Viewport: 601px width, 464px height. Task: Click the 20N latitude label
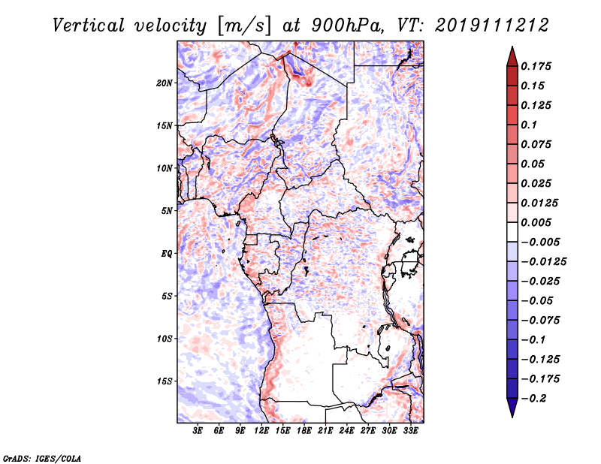165,83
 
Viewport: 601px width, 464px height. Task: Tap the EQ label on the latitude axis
166,254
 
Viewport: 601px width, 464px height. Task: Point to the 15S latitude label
165,381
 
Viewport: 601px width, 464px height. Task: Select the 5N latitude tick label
167,211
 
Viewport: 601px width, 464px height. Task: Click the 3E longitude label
198,431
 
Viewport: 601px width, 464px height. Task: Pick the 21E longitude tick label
325,431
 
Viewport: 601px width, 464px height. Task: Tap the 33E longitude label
410,431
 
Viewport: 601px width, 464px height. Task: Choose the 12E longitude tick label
261,431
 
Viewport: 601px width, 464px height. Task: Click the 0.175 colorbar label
536,66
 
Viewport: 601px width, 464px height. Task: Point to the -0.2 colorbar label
533,399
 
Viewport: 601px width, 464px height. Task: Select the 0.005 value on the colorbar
536,222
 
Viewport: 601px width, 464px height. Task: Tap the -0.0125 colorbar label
543,262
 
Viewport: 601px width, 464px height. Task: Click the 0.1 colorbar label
529,125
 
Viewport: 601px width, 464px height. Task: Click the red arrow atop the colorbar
512,56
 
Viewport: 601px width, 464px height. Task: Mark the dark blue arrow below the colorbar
512,408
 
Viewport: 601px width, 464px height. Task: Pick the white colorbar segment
512,232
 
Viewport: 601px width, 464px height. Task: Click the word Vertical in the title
89,26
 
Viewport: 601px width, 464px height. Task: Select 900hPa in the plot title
346,26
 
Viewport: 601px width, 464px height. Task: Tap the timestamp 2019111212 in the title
492,26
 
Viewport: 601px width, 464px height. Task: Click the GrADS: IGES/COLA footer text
42,459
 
